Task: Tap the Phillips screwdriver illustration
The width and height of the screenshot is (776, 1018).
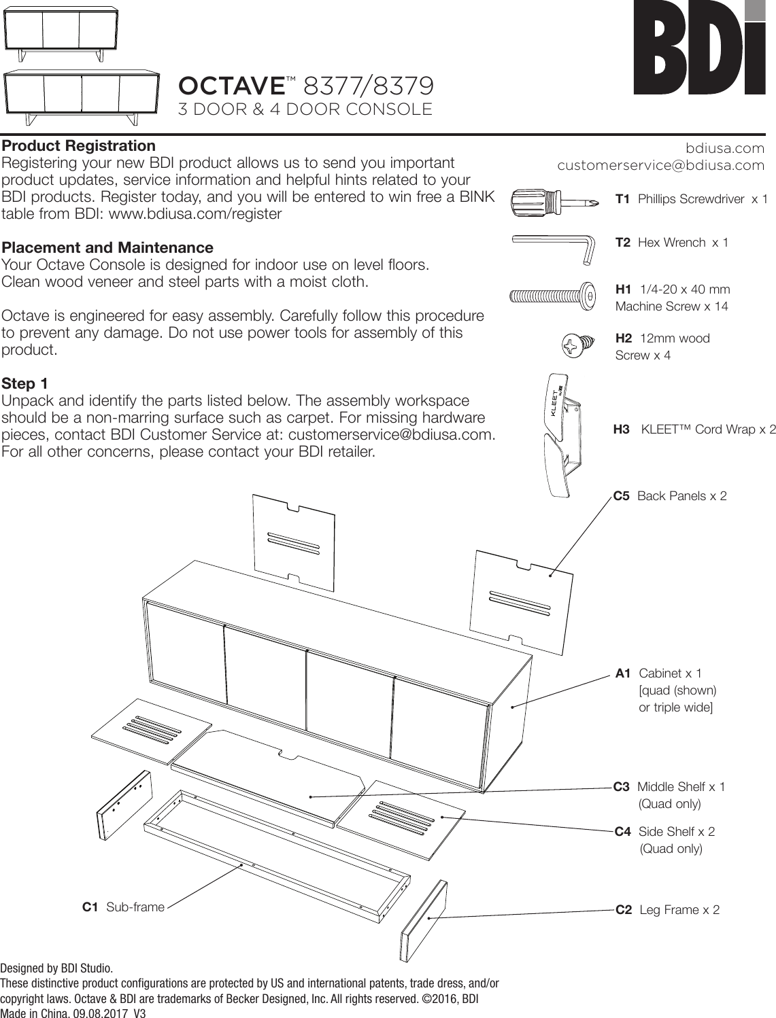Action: coord(554,200)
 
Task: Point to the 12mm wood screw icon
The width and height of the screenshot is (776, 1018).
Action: coord(575,346)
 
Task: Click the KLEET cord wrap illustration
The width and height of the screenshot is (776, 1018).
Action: coord(562,435)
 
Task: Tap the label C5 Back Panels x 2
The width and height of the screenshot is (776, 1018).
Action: coord(670,496)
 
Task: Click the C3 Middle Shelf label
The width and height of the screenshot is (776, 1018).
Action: coord(669,787)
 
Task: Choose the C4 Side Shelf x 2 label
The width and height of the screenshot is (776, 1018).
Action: coord(664,832)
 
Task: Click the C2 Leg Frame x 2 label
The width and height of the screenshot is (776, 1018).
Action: coord(667,910)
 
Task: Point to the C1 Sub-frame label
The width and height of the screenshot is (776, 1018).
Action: coord(123,907)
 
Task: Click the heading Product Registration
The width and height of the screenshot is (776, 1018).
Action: coord(79,146)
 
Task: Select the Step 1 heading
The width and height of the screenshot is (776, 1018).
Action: coord(25,384)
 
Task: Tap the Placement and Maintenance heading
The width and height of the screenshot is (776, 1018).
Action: coord(107,247)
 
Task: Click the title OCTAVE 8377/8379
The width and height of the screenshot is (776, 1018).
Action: coord(306,86)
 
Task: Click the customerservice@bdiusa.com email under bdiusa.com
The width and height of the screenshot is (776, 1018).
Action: coord(660,165)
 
